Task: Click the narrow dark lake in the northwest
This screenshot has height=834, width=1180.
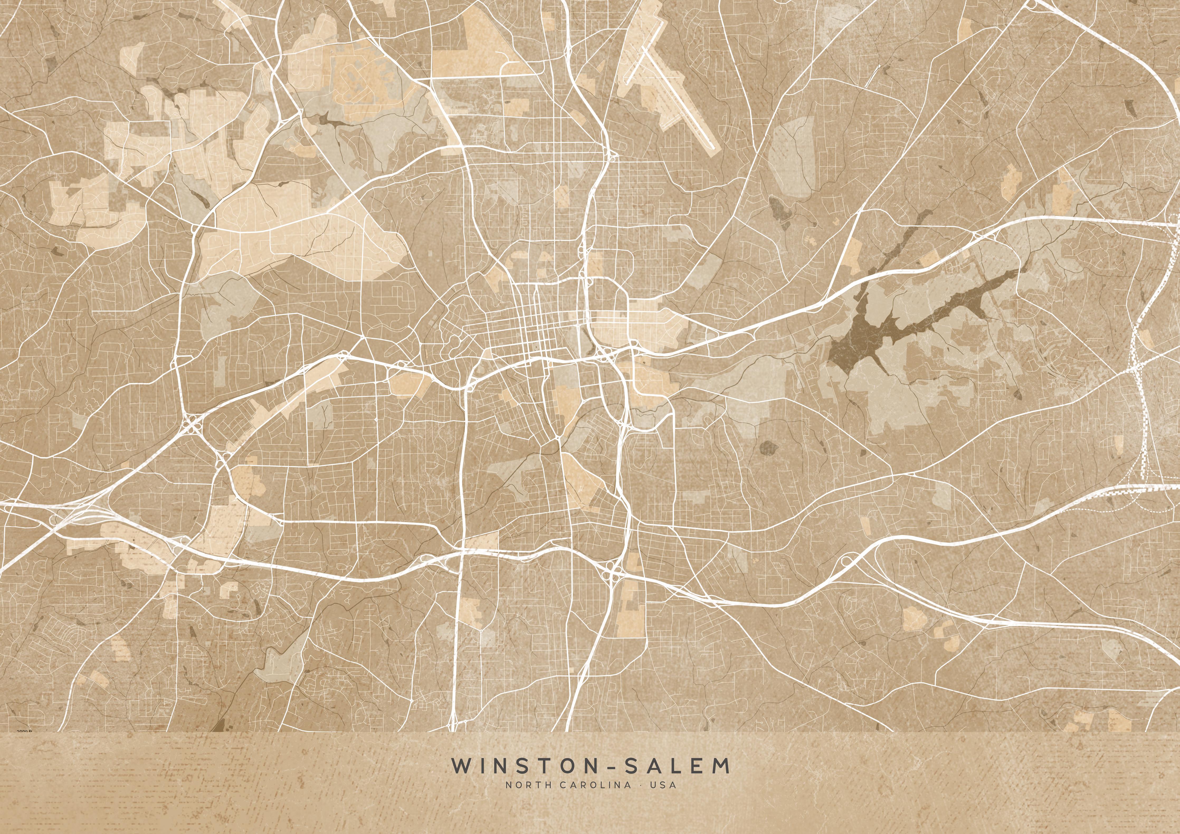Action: pos(329,122)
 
